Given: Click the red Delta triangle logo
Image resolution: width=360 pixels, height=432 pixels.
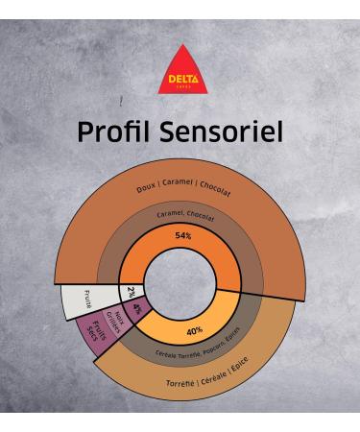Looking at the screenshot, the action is pos(180,71).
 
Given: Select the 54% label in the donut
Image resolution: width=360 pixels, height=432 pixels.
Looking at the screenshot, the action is pos(182,235).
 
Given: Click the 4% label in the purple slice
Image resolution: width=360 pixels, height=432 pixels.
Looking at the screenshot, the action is pos(138,309).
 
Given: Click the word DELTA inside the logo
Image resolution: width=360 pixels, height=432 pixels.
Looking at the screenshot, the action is pos(180,79).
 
